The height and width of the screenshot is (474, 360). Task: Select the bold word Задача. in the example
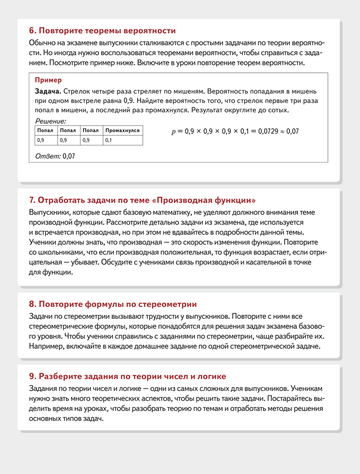point(48,91)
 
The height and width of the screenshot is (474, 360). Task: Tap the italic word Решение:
point(51,121)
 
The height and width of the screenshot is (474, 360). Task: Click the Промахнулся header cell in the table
point(122,131)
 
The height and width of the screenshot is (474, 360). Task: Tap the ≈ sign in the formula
point(281,131)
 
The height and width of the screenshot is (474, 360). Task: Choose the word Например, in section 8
point(48,346)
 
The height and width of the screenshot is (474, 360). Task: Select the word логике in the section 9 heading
point(211,376)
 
